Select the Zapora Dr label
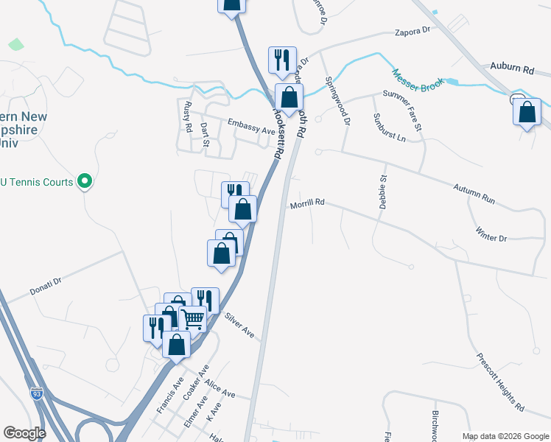[412, 32]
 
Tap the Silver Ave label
[240, 324]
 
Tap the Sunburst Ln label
[389, 127]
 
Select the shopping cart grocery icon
[192, 318]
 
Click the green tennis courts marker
[85, 180]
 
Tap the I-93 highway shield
[37, 394]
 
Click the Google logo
[25, 433]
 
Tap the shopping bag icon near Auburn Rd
[527, 112]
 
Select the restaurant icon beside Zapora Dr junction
[282, 60]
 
